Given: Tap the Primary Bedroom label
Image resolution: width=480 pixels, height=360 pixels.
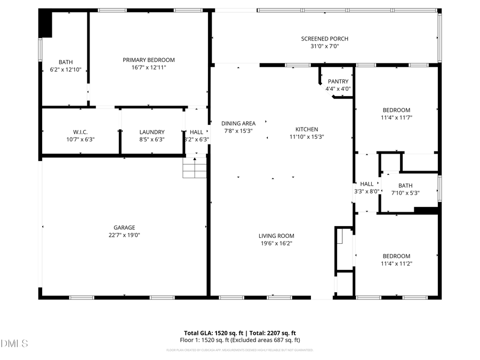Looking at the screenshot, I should click(x=148, y=60).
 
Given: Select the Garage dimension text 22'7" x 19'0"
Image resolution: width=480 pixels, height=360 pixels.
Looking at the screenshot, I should click(x=124, y=235).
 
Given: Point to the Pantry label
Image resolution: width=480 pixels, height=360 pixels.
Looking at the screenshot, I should click(x=338, y=82).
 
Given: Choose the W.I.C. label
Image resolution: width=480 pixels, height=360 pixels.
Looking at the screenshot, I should click(x=81, y=132).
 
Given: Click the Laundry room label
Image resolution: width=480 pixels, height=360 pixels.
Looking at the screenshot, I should click(x=152, y=132).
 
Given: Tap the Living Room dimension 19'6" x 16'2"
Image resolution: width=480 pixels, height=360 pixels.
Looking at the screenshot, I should click(x=276, y=243).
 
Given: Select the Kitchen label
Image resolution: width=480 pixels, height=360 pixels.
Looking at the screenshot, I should click(x=307, y=129).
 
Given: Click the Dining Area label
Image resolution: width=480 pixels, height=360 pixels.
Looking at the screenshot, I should click(x=238, y=123).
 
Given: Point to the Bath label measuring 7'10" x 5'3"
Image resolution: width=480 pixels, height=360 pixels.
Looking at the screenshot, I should click(x=405, y=186).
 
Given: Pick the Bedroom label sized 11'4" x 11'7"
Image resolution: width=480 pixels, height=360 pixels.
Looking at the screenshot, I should click(x=396, y=110).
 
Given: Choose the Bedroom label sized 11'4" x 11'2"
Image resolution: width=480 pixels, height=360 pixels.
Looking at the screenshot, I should click(x=396, y=256).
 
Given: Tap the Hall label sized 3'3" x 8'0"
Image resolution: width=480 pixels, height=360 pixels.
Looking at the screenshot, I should click(x=367, y=183).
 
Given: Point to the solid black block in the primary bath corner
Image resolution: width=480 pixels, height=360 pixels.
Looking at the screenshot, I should click(x=46, y=25).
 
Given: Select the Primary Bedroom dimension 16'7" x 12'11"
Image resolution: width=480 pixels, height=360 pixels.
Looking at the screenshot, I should click(x=148, y=67).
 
